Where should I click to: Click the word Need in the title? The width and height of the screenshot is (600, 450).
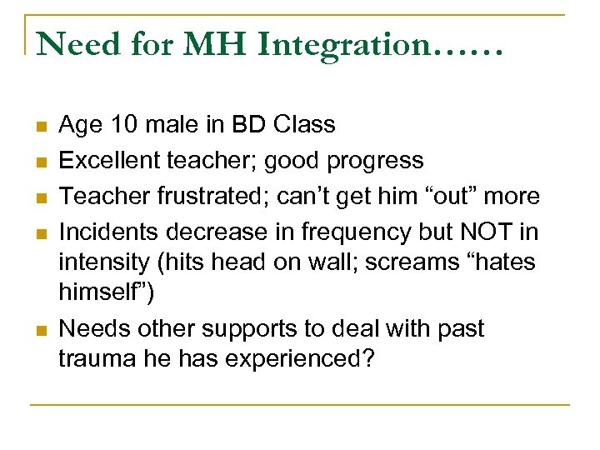[x=74, y=45]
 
